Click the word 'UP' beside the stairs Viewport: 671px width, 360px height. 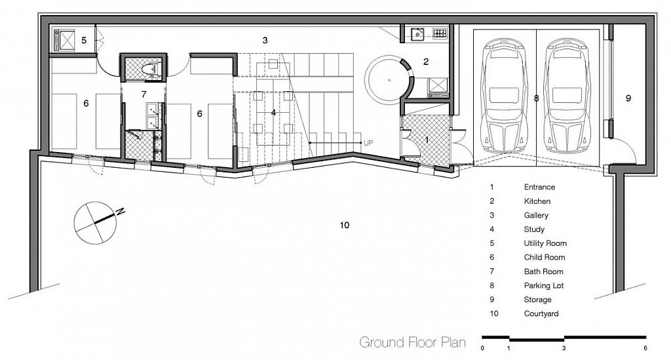(x=368, y=142)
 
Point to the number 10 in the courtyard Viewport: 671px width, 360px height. (x=345, y=225)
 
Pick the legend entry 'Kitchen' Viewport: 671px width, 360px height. (x=537, y=201)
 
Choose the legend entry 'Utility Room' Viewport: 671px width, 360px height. (x=545, y=243)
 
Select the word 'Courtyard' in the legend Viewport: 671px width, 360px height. (x=541, y=313)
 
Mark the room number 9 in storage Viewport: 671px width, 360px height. (x=628, y=98)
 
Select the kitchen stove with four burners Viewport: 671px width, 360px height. (x=438, y=33)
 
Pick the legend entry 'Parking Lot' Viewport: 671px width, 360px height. (x=543, y=285)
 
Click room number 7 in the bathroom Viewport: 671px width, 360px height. (x=144, y=94)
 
